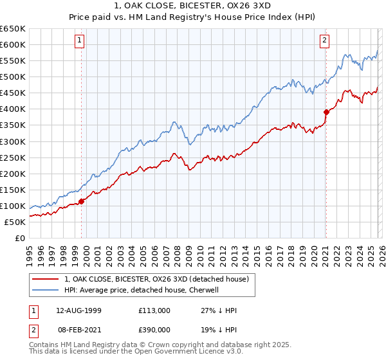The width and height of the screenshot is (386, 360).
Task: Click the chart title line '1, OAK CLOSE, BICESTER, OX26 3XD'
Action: [x=193, y=6]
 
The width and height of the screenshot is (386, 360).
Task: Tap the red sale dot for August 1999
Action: [x=82, y=201]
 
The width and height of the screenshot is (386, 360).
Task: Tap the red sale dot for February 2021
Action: [x=326, y=112]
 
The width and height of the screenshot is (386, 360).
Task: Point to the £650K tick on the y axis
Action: [x=13, y=29]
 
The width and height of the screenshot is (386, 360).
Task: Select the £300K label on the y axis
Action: [x=13, y=141]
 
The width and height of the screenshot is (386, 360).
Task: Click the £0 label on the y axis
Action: [x=19, y=238]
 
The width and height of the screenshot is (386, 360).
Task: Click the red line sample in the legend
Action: [x=46, y=278]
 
